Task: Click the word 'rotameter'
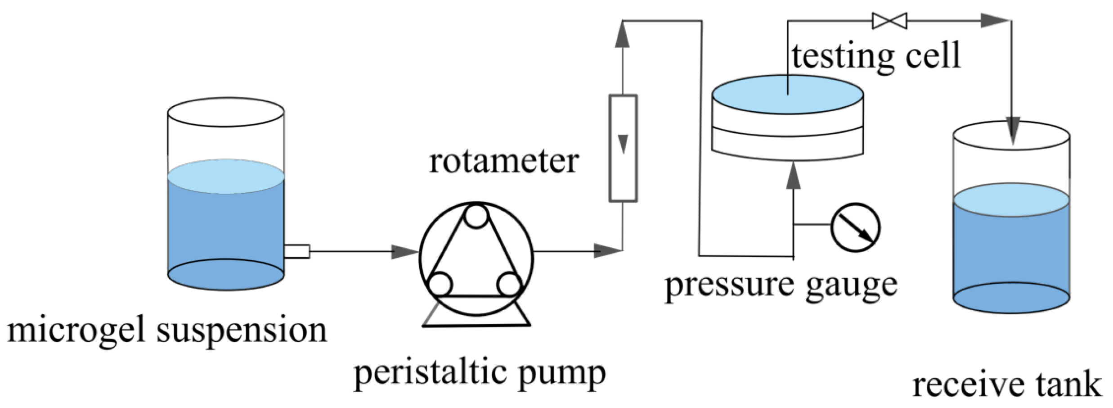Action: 503,162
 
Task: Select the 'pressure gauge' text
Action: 781,286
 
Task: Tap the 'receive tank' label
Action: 1007,385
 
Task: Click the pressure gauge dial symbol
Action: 855,227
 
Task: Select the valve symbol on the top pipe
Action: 889,21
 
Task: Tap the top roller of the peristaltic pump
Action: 476,216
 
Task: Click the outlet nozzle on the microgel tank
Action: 297,251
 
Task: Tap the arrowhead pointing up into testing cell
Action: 793,176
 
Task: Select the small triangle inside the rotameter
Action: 623,144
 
